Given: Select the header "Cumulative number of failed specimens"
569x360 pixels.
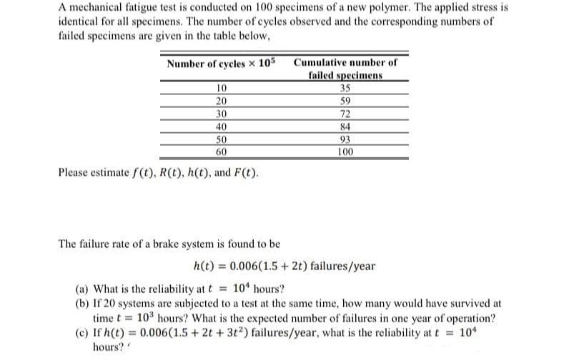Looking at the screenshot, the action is click(x=345, y=69).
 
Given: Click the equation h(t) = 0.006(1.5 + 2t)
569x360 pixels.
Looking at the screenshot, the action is click(x=284, y=266).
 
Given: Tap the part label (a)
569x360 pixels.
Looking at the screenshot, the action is click(x=83, y=289).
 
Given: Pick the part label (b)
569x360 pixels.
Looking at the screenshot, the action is click(x=83, y=303).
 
